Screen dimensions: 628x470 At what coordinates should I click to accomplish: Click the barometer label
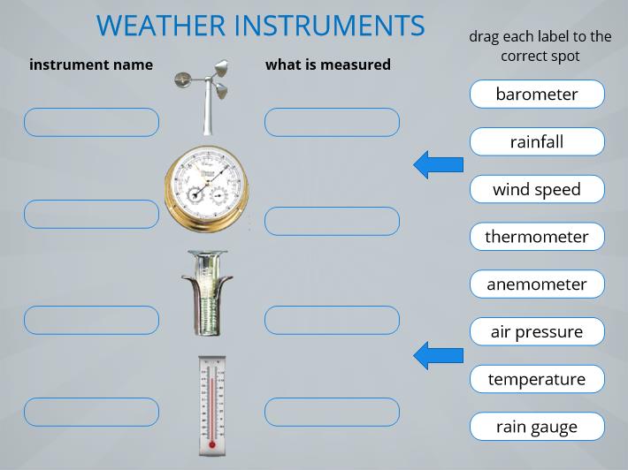click(537, 94)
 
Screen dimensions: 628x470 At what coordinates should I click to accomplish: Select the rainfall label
click(537, 141)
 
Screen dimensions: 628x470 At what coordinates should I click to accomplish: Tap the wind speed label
click(537, 189)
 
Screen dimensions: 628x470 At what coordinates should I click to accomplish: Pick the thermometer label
click(537, 237)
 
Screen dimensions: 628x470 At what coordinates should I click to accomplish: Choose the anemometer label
click(537, 284)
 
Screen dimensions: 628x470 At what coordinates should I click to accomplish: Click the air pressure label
click(537, 331)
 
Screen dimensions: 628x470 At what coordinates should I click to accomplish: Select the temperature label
click(537, 379)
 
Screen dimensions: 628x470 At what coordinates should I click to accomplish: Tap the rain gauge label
click(537, 427)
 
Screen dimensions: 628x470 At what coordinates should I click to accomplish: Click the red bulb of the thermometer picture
click(212, 444)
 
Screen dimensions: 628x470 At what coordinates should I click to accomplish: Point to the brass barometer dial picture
click(207, 189)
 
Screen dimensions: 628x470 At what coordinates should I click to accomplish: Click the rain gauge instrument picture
click(207, 292)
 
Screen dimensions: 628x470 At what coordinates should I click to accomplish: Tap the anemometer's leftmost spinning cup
click(182, 80)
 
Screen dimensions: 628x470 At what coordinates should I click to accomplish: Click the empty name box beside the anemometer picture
click(91, 122)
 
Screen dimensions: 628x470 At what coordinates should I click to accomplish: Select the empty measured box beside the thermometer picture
click(332, 412)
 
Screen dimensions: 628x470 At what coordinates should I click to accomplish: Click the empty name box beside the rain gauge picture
click(91, 320)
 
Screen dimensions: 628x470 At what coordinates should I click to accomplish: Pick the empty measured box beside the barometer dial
click(332, 221)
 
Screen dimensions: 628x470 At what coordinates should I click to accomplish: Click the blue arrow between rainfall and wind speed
click(438, 164)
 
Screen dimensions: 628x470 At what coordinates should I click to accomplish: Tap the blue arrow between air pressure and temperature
click(438, 355)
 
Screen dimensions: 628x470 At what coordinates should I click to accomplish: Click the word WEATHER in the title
click(161, 26)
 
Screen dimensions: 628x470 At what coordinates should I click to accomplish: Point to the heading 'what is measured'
click(328, 64)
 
